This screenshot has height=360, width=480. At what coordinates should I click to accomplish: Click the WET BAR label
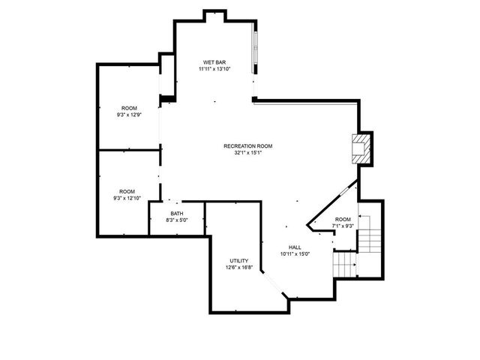coord(214,62)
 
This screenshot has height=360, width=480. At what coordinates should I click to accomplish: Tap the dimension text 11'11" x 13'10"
coord(214,69)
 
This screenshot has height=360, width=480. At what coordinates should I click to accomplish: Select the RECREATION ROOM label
coord(247,145)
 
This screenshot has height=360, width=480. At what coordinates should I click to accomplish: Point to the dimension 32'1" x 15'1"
coord(247,152)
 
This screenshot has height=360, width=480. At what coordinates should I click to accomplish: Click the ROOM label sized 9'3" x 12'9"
coord(129,109)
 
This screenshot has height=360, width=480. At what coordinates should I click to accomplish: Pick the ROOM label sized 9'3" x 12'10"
coord(129,192)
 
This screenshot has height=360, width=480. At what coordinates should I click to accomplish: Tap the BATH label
coord(176,214)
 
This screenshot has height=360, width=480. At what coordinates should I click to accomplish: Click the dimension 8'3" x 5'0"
coord(176,220)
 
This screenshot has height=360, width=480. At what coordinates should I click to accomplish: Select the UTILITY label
coord(239,261)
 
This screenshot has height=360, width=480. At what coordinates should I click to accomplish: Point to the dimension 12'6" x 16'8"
coord(239,268)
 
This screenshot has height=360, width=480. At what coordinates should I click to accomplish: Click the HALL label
coord(295,247)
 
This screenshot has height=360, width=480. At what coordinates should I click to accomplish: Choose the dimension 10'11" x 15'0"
coord(295,254)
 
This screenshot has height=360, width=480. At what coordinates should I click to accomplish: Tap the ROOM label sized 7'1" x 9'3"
coord(342,219)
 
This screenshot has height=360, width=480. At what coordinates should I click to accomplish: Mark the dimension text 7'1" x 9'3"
coord(342,226)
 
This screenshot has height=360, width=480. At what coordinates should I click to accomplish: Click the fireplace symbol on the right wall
coord(362,147)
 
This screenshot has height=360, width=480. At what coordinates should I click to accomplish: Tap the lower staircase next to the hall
coord(344,263)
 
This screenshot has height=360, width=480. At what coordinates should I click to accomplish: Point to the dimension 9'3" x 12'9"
coord(129,115)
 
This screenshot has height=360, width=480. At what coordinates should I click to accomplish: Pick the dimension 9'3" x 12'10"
coord(129,199)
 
